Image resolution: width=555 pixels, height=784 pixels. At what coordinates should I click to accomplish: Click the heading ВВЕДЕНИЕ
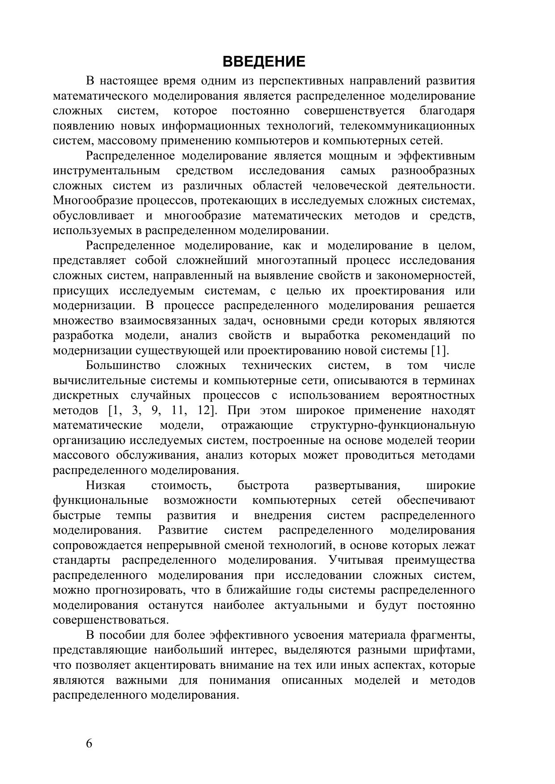(264, 61)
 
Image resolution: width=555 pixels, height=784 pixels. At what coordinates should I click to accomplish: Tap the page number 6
(89, 744)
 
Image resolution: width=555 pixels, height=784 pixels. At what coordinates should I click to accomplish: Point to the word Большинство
(123, 366)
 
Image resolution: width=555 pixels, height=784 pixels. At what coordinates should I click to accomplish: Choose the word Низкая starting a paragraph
(106, 486)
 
